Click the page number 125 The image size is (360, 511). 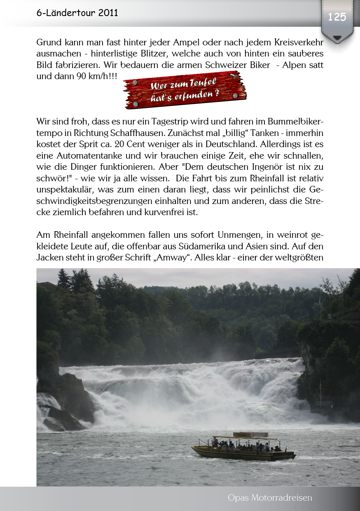[337, 17]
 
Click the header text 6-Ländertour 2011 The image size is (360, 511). [77, 13]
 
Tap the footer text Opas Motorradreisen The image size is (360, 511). [270, 498]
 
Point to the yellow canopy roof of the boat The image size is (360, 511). [241, 438]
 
